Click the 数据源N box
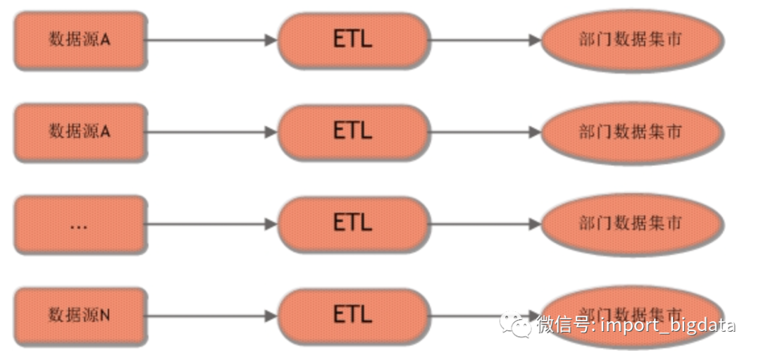point(80,316)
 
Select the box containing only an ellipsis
point(80,224)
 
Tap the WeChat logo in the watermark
point(516,325)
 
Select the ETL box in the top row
point(353,40)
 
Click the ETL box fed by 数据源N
point(353,316)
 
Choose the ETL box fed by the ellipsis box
point(353,224)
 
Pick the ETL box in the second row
point(353,132)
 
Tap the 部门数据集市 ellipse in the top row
point(631,40)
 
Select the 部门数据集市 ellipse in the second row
point(631,132)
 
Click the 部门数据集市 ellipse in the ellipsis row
point(631,224)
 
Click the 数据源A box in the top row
point(80,40)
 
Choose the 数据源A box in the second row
point(80,132)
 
